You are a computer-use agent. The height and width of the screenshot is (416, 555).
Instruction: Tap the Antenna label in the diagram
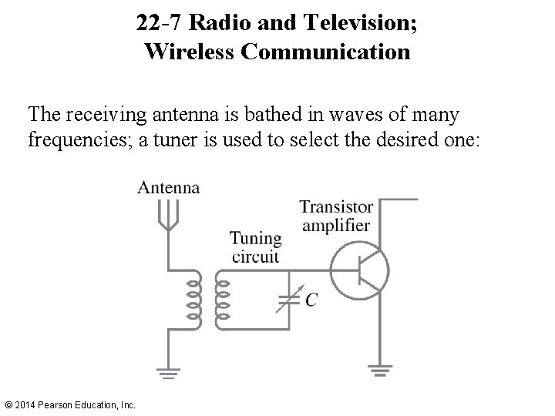[x=169, y=187]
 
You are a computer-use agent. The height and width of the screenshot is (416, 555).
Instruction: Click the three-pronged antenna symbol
[x=166, y=212]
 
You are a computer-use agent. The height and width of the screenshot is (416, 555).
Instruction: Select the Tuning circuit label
[x=255, y=247]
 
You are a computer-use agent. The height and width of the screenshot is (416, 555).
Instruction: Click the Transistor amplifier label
[x=336, y=216]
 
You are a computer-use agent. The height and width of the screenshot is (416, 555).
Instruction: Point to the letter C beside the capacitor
[x=310, y=300]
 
